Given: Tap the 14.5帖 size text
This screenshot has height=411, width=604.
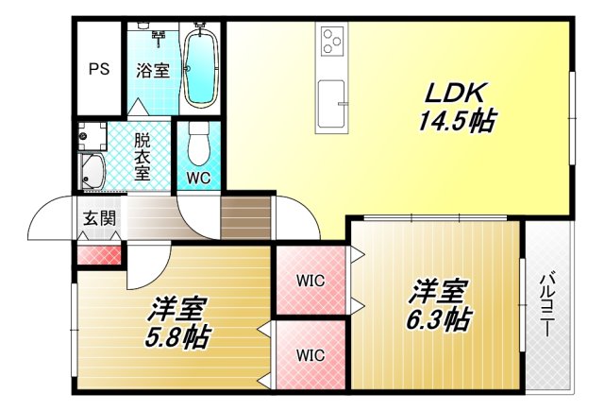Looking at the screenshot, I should pos(457,120).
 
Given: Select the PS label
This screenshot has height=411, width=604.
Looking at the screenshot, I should pos(98,69).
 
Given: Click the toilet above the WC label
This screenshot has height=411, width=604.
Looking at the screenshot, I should pos(197,144).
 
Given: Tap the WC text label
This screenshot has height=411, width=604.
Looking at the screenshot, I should pos(198,178).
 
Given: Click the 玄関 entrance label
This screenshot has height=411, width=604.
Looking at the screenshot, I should pos(98,218).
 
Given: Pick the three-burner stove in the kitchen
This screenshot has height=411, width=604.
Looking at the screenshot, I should pos(333,41).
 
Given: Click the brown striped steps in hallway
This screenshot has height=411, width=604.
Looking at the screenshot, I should pos(244,217).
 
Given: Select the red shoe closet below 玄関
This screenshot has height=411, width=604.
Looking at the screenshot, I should pos(98,254).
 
